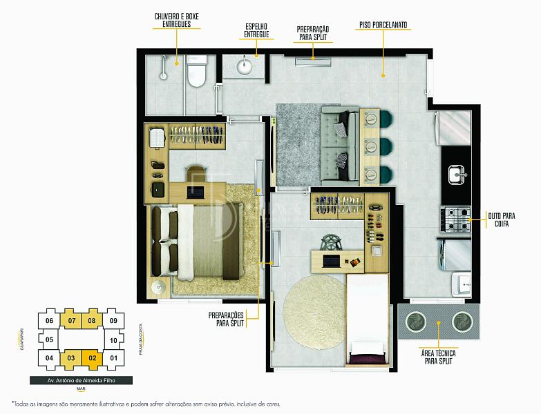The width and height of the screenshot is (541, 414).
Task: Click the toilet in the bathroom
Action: point(196,71)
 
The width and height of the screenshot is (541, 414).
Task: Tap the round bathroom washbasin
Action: point(245,66)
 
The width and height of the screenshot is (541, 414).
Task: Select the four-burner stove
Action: point(455,219)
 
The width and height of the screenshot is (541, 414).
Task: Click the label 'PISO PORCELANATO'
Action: point(383,25)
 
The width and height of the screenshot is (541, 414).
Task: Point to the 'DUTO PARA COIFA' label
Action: point(502,219)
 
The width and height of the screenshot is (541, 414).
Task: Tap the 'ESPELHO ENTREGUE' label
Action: point(256,30)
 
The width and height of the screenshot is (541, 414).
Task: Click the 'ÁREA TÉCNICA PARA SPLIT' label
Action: point(438,357)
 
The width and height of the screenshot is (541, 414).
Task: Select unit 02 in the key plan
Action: point(92,359)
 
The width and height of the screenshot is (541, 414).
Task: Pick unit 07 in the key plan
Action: point(71,320)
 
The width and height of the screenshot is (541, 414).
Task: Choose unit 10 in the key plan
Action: point(113,340)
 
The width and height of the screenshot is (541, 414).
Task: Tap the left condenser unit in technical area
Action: point(415,322)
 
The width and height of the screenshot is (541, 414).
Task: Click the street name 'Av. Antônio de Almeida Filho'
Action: point(81,381)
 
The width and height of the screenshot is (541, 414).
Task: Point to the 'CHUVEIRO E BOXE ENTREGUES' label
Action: point(176,20)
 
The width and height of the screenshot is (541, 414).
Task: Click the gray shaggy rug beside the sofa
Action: point(298,145)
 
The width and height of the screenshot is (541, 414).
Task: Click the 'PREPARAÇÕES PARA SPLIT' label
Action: point(227,319)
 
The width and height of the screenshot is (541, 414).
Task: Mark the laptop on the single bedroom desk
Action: point(332,261)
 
